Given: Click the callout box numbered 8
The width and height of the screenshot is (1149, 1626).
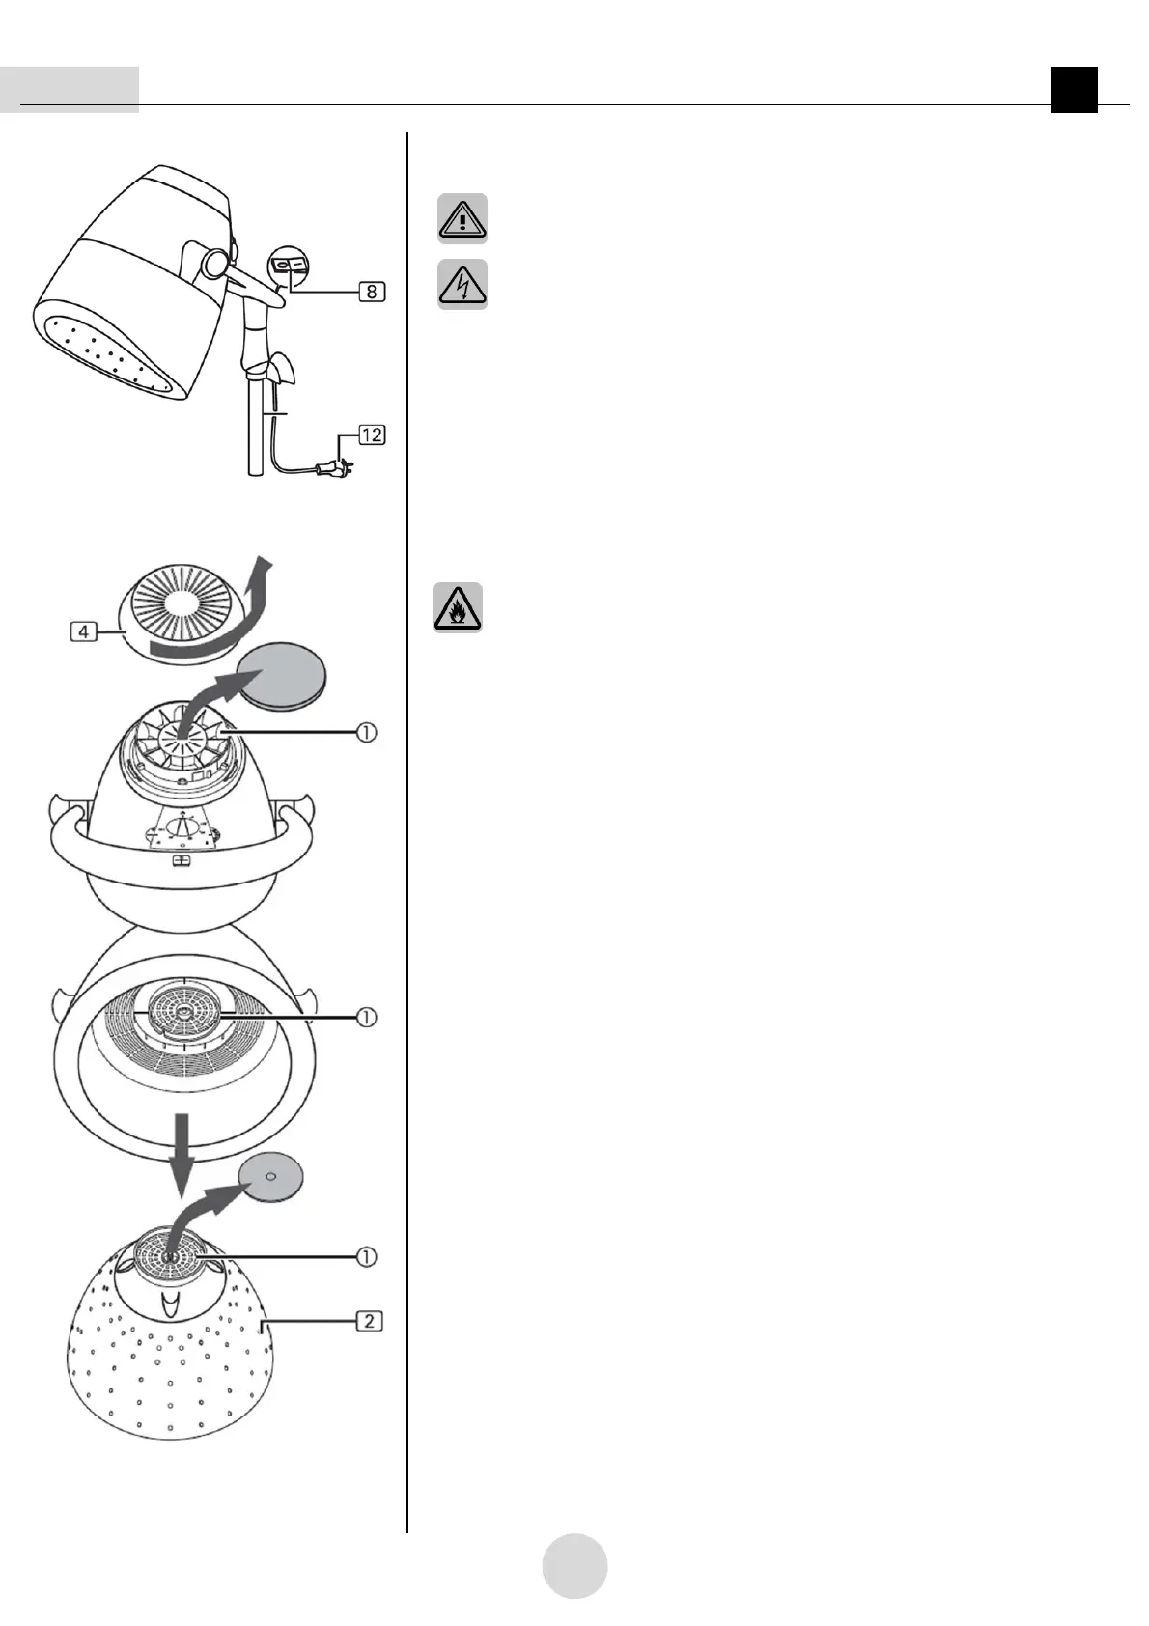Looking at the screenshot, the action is [x=372, y=289].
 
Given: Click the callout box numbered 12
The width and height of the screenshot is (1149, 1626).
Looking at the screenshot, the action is [x=372, y=435].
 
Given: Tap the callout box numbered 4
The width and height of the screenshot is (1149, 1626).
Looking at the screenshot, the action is [x=84, y=632].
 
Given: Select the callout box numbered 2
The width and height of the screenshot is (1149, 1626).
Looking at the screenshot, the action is [x=371, y=1319].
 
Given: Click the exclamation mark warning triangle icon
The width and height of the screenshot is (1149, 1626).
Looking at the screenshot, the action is [x=462, y=218].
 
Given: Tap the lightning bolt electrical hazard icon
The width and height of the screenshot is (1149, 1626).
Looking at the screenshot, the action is [x=462, y=284].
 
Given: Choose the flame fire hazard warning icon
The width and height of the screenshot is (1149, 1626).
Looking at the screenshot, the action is [x=458, y=608].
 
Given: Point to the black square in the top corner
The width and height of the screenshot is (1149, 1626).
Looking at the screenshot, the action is [x=1075, y=90].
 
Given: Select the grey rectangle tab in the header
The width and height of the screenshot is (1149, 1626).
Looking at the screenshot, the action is [x=70, y=90].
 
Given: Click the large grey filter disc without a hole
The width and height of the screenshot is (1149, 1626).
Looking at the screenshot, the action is [x=282, y=672].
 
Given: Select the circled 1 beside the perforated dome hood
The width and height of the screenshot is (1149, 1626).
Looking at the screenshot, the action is [x=367, y=1256].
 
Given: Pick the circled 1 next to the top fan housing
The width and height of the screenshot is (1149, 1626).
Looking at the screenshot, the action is [x=367, y=733].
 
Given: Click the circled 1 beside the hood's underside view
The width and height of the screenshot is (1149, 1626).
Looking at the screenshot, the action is [x=367, y=1017].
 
